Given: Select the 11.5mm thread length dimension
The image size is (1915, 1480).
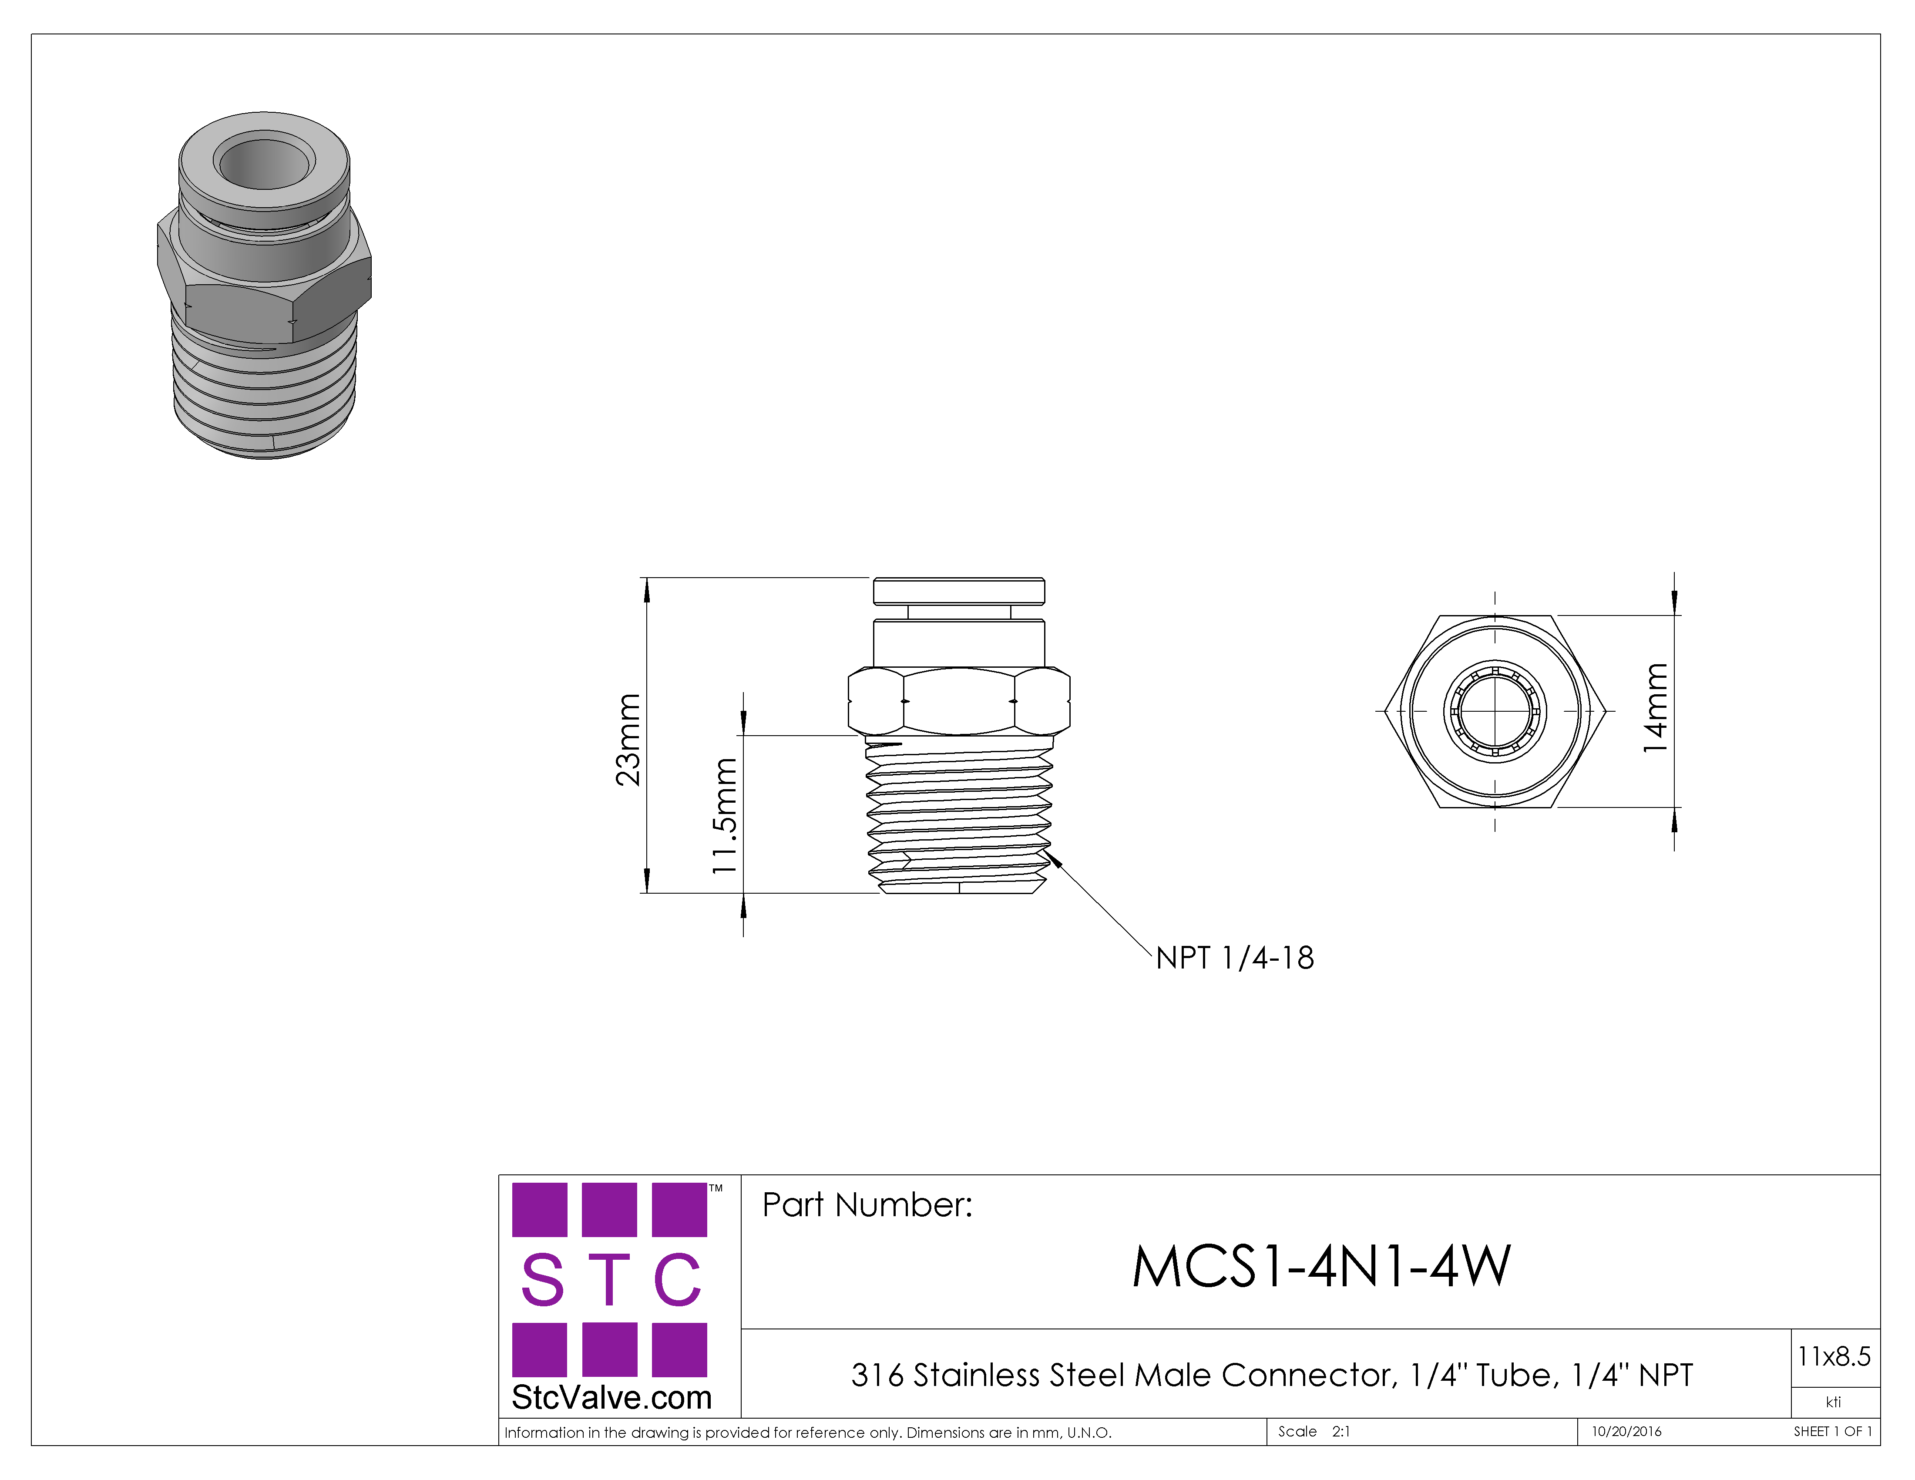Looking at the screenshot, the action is coord(725,815).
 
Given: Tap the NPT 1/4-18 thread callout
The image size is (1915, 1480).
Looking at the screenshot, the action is coord(1235,958).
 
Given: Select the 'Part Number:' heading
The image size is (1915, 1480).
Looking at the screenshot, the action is coord(867,1205).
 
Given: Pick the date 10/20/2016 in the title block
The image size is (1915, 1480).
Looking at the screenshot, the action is coord(1626,1431).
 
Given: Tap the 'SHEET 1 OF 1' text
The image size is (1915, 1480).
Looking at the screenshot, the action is coord(1833,1431).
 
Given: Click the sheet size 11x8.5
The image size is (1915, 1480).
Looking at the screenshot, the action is coord(1834,1356).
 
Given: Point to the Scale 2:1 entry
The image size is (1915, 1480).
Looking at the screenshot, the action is coord(1314,1431).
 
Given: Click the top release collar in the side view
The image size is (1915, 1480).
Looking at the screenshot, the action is coord(958,591).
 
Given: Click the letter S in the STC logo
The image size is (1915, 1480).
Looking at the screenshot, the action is coord(543,1279).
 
